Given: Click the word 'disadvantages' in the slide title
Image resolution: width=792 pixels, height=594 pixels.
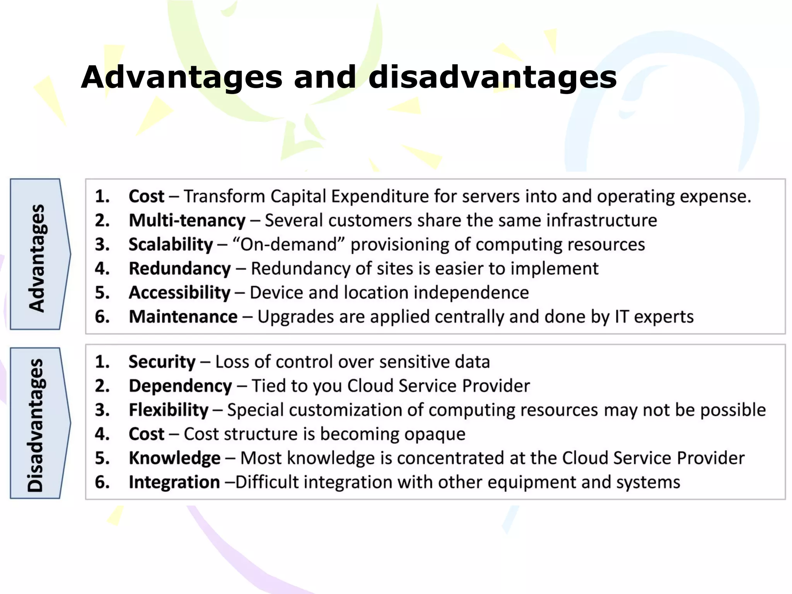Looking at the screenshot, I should click(x=492, y=77).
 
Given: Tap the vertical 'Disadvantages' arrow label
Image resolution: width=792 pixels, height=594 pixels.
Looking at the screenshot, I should click(x=36, y=425).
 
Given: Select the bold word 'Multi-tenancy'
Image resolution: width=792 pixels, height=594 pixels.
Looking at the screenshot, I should click(x=187, y=221).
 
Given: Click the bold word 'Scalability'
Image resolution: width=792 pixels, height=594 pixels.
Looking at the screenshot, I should click(x=171, y=245).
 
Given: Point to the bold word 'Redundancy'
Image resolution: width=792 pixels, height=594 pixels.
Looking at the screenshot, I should click(x=179, y=269).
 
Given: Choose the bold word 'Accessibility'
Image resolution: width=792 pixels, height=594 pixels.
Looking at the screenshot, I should click(x=179, y=293).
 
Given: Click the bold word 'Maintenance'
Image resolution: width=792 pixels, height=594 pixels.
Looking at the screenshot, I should click(x=183, y=317).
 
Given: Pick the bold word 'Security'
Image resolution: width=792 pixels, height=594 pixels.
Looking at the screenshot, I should click(x=162, y=362).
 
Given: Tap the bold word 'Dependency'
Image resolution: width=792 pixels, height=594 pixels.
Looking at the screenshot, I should click(x=180, y=386).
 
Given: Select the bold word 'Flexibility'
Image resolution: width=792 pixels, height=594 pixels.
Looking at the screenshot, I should click(x=169, y=410).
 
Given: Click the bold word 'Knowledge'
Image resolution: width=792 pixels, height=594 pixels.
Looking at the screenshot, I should click(x=174, y=458).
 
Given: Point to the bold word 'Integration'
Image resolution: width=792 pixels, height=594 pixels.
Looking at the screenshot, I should click(x=174, y=482).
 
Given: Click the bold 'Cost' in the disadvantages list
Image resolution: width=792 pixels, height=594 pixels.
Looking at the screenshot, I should click(x=147, y=434).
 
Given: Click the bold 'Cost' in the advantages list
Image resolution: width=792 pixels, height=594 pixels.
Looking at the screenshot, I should click(x=147, y=196).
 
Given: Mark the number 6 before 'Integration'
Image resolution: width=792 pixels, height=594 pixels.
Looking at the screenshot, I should click(x=102, y=482).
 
